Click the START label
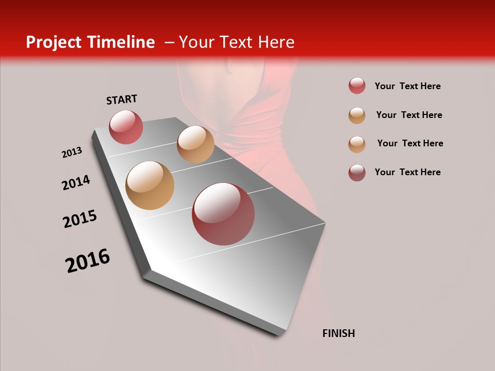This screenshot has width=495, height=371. (122, 99)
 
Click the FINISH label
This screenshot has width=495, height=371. (338, 333)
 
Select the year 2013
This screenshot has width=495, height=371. (72, 153)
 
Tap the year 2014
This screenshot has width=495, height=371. (76, 182)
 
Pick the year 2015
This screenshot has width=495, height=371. (80, 219)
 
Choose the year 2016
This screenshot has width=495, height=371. (88, 260)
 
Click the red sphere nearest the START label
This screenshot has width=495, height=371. (126, 127)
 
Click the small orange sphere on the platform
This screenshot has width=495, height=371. (195, 144)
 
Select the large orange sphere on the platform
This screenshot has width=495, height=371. (150, 185)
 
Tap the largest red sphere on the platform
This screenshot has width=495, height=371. (223, 214)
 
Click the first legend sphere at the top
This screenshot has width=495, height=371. (357, 86)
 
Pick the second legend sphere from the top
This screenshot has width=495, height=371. (357, 115)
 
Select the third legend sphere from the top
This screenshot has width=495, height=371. (357, 144)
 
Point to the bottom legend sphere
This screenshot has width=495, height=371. (357, 173)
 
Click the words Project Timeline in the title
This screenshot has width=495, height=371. (90, 42)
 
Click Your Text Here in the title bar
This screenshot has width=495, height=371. (236, 42)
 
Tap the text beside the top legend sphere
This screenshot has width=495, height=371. (407, 86)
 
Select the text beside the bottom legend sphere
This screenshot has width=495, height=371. (407, 172)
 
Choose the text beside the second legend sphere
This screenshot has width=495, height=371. (409, 115)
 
